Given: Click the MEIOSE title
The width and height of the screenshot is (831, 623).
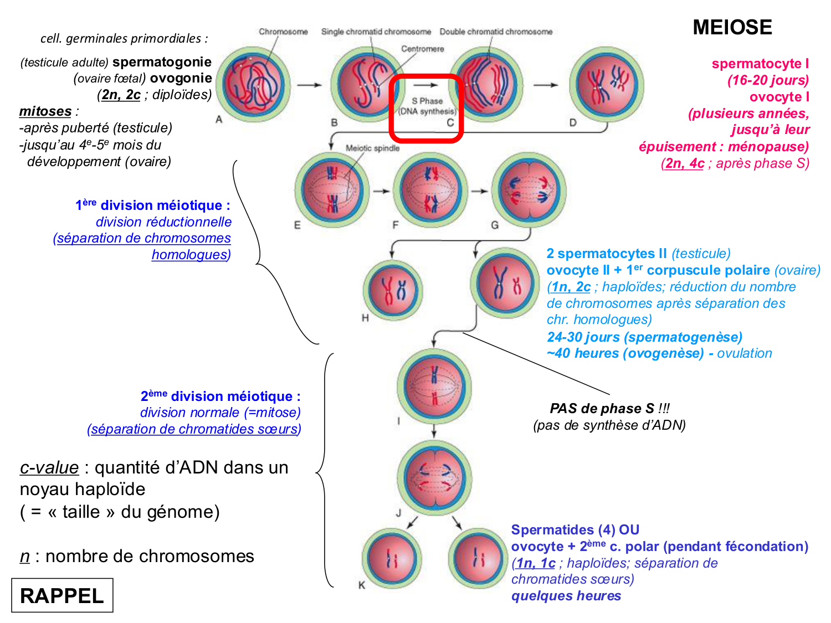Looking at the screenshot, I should [x=732, y=28].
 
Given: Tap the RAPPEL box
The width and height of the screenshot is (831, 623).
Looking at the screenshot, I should [x=62, y=595].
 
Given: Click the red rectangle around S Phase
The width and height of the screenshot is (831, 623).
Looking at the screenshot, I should [x=426, y=109].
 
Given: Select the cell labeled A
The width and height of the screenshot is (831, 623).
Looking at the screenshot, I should [x=254, y=84].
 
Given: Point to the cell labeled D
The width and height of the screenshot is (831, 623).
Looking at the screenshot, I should [x=607, y=84].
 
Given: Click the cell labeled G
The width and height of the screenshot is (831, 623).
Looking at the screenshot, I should [x=529, y=190].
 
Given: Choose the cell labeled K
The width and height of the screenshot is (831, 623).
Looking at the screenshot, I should [x=392, y=558].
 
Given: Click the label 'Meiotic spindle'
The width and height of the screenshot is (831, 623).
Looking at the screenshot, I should [x=372, y=148].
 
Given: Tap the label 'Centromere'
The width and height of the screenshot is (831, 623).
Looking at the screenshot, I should [x=422, y=49].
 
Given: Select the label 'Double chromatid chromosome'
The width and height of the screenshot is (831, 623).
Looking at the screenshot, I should [x=496, y=32].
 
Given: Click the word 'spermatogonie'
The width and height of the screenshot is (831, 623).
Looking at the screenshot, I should [x=162, y=62].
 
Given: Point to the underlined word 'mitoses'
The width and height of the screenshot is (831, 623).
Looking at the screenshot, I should [x=45, y=111].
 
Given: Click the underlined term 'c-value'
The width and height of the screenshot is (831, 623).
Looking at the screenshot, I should [x=49, y=467].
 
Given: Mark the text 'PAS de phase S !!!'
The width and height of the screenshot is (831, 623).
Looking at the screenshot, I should [x=609, y=409].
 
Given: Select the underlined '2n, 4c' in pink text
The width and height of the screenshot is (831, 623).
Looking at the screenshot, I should [x=684, y=163].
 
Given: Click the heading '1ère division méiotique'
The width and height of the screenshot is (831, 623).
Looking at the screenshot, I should [x=152, y=205].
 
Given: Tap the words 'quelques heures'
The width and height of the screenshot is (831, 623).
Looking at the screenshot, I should [x=566, y=596].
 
